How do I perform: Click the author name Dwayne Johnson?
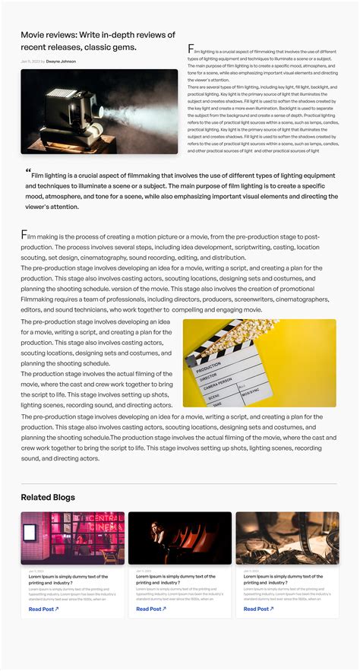point(61,61)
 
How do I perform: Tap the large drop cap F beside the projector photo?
point(191,49)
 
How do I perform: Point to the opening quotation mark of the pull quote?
point(28,170)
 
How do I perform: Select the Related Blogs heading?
point(48,497)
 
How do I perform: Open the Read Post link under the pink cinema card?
point(43,609)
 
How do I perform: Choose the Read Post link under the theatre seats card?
point(150,609)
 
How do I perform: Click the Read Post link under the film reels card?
point(258,609)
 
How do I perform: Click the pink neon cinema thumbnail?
point(72,538)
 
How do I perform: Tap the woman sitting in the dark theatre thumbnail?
point(159,535)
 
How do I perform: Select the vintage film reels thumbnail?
point(287,538)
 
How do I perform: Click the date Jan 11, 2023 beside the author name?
point(30,61)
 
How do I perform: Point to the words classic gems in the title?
point(114,47)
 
